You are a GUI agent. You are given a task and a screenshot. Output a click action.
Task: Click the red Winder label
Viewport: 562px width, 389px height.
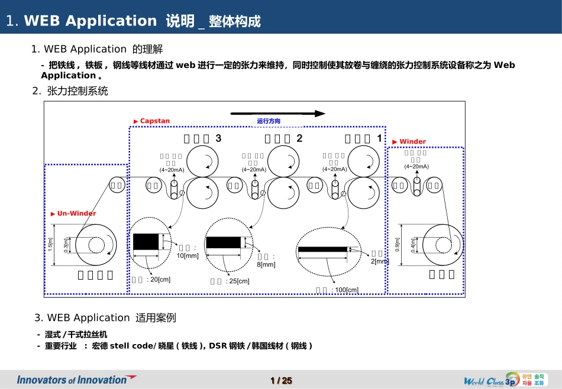412,142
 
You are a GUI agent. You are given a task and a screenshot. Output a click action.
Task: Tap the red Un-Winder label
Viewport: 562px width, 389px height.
76,213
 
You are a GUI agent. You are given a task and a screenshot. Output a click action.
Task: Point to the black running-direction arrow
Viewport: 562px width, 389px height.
277,114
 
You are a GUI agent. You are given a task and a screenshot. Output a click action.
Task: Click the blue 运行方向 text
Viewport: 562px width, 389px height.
269,121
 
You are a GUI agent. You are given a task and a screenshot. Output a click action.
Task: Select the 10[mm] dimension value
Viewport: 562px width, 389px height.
188,255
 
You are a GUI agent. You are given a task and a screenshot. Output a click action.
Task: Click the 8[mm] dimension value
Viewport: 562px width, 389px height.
266,264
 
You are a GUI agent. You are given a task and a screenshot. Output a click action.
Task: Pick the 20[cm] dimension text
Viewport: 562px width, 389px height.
159,279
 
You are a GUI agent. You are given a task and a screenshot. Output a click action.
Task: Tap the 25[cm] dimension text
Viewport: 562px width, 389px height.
237,281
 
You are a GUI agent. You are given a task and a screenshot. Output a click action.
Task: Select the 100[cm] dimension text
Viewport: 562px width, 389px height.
345,290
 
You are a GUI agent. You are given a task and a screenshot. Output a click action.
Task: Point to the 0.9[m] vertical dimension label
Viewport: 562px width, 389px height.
397,244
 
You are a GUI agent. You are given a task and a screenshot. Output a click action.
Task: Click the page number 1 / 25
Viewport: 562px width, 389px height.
281,381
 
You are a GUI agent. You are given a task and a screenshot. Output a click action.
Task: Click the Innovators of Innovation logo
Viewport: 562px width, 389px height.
76,380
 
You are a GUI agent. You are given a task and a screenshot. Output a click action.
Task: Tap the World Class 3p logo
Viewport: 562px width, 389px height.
502,380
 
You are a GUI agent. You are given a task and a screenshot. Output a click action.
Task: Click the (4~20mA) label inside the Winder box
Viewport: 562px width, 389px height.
416,166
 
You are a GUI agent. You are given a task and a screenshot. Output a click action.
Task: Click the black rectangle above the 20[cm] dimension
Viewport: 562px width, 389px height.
146,242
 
